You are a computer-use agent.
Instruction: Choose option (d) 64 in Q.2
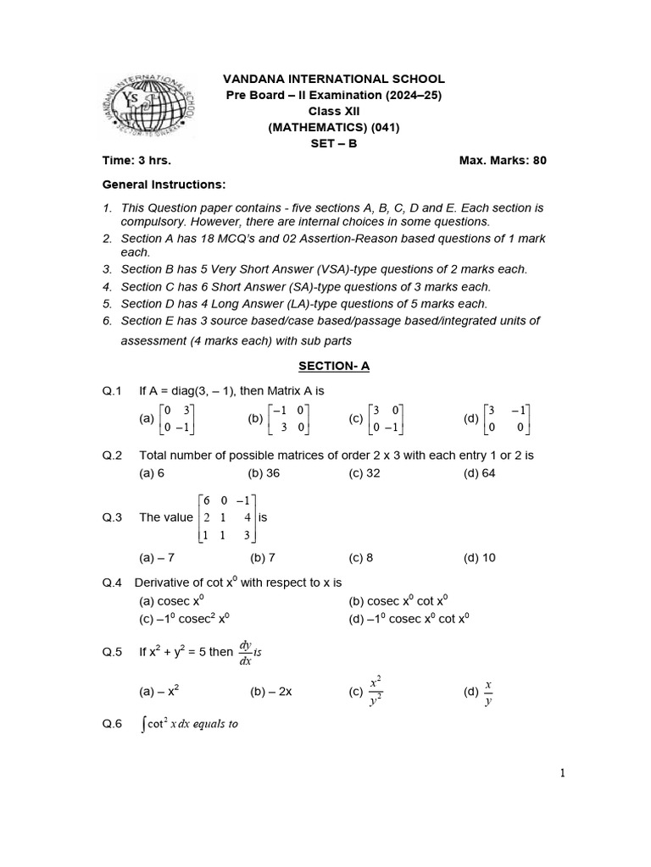tap(479, 473)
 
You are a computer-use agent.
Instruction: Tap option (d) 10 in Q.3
tap(479, 557)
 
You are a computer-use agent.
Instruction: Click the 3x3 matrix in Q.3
tap(226, 517)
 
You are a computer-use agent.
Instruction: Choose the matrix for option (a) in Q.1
tap(181, 418)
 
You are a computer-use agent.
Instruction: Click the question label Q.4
tap(113, 583)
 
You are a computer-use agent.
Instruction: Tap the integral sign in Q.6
tap(143, 725)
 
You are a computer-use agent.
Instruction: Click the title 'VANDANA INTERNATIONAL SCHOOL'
tap(334, 79)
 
